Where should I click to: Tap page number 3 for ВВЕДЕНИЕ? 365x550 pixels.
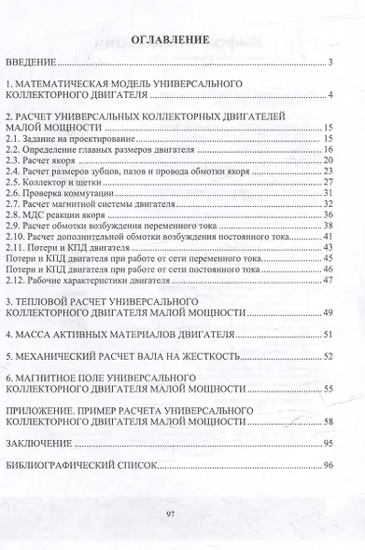331,62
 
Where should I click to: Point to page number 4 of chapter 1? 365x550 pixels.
331,94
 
